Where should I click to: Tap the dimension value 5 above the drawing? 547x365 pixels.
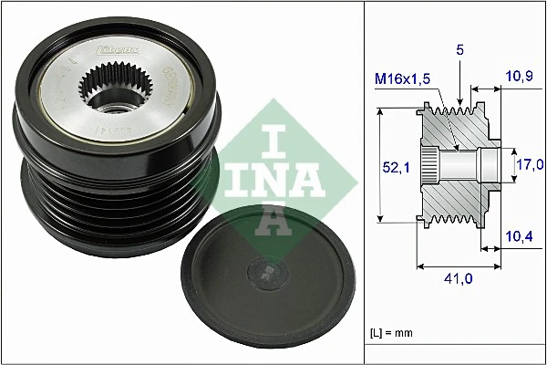460,53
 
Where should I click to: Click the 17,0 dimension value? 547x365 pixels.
529,164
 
